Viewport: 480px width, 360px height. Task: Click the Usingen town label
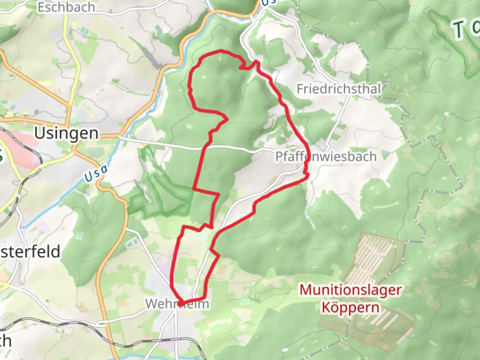pyautogui.click(x=67, y=133)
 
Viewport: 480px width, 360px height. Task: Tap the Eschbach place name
pyautogui.click(x=66, y=7)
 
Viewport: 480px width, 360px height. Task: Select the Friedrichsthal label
pyautogui.click(x=339, y=89)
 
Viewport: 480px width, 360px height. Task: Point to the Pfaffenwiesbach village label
pyautogui.click(x=326, y=156)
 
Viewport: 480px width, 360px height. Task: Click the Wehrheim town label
pyautogui.click(x=177, y=304)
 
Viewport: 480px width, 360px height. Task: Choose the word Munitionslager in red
pyautogui.click(x=350, y=290)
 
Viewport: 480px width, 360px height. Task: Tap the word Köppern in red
pyautogui.click(x=350, y=307)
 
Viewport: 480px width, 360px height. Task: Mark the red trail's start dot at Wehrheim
pyautogui.click(x=180, y=304)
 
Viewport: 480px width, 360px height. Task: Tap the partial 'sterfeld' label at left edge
pyautogui.click(x=30, y=252)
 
